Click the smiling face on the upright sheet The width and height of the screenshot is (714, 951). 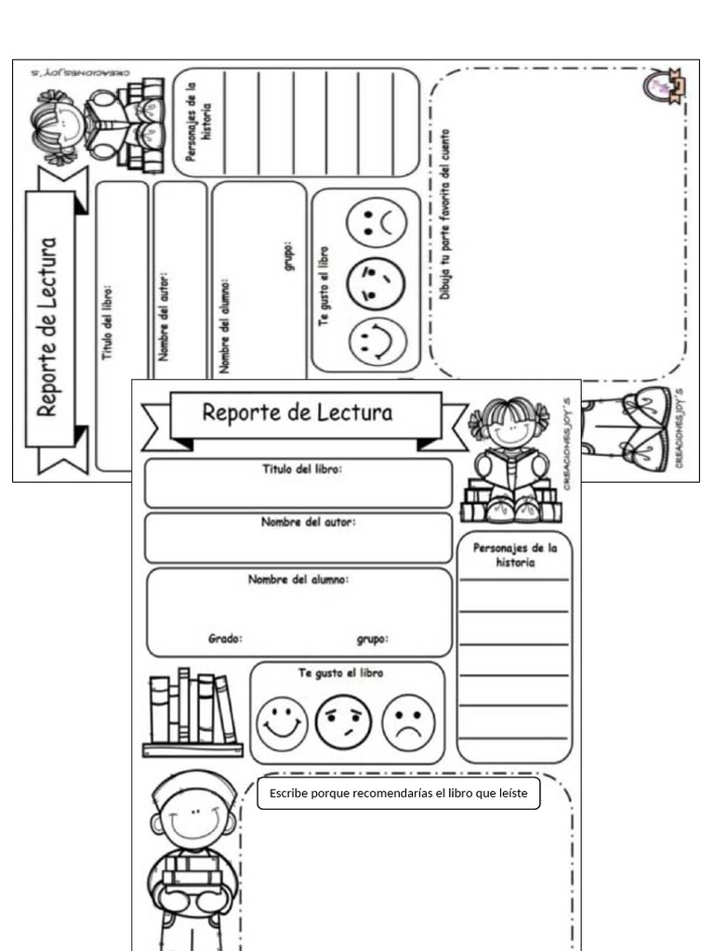click(x=282, y=723)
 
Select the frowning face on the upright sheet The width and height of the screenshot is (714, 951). click(x=407, y=723)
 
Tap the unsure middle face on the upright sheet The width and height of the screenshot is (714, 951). click(x=343, y=723)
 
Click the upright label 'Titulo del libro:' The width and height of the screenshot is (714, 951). click(x=301, y=470)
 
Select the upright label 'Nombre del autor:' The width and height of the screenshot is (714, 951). click(x=308, y=522)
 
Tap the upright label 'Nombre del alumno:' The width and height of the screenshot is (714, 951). click(x=298, y=580)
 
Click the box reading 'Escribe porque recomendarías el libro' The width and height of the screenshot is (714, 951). click(x=398, y=793)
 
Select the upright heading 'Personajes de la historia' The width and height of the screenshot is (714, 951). click(x=515, y=555)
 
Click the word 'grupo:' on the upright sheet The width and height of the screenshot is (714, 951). click(x=373, y=639)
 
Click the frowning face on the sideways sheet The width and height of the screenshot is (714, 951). click(x=377, y=222)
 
